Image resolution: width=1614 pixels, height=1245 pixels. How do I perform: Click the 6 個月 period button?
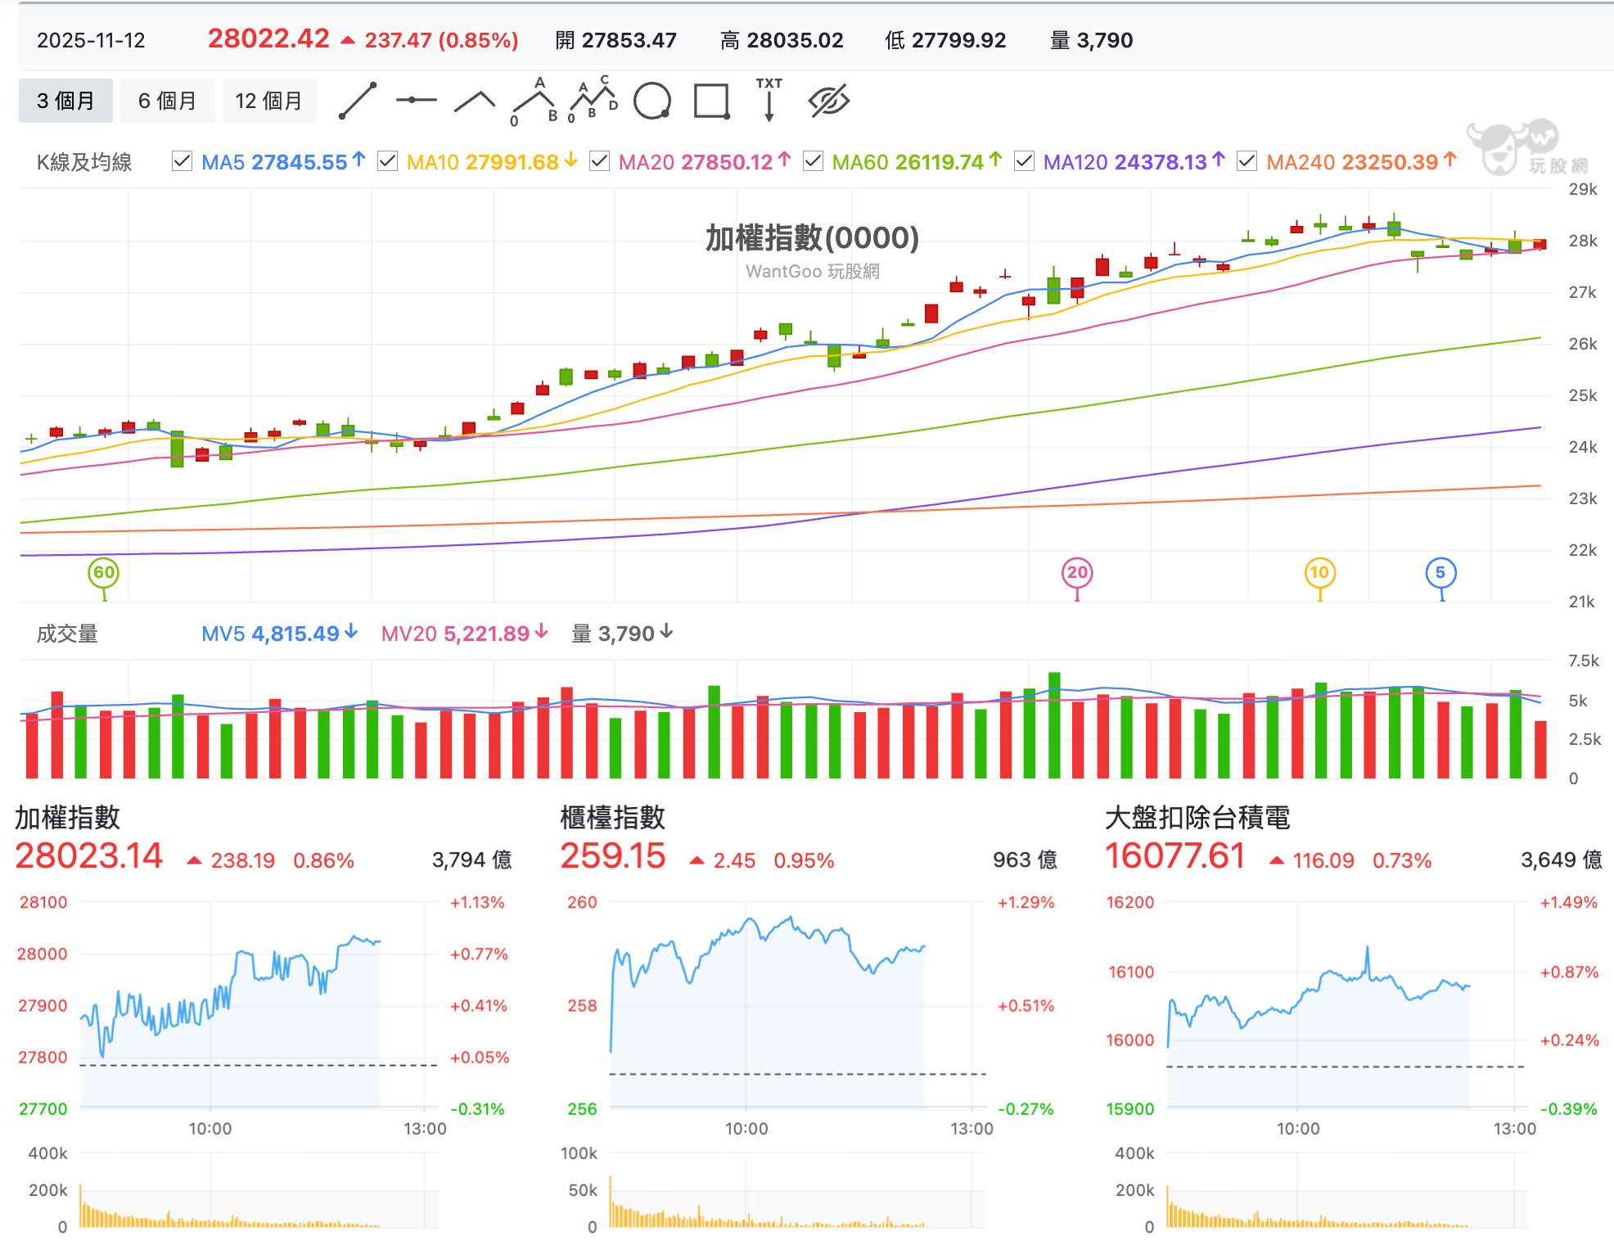click(167, 101)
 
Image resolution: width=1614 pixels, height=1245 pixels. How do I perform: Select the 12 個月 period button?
click(268, 101)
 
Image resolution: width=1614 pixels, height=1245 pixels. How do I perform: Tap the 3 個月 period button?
click(65, 101)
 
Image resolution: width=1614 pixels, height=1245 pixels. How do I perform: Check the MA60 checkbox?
click(813, 161)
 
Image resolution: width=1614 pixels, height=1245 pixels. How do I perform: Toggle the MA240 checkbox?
click(1247, 161)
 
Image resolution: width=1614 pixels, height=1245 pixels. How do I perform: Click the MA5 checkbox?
click(182, 161)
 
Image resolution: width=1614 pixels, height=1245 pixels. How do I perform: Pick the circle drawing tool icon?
click(652, 101)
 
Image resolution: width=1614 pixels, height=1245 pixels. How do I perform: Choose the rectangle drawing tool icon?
click(711, 101)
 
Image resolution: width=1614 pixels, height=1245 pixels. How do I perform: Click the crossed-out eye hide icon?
click(829, 101)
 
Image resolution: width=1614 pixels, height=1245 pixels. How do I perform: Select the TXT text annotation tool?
click(769, 99)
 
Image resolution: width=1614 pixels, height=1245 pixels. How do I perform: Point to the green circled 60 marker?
click(104, 573)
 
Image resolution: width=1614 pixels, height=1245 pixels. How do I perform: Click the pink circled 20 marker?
click(1077, 573)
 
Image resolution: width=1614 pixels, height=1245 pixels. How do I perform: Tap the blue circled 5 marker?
click(1440, 573)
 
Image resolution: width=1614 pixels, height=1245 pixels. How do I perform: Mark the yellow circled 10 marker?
click(1319, 573)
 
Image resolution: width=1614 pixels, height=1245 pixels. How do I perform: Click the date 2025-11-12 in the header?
click(91, 40)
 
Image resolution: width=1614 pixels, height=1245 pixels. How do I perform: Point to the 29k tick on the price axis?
click(1583, 189)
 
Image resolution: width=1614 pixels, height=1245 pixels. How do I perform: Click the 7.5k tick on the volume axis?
click(1584, 661)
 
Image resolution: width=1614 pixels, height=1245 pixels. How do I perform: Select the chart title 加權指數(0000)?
click(812, 237)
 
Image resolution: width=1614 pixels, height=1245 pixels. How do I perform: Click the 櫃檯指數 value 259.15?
click(613, 856)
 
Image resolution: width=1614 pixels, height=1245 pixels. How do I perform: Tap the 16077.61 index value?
click(1175, 856)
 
